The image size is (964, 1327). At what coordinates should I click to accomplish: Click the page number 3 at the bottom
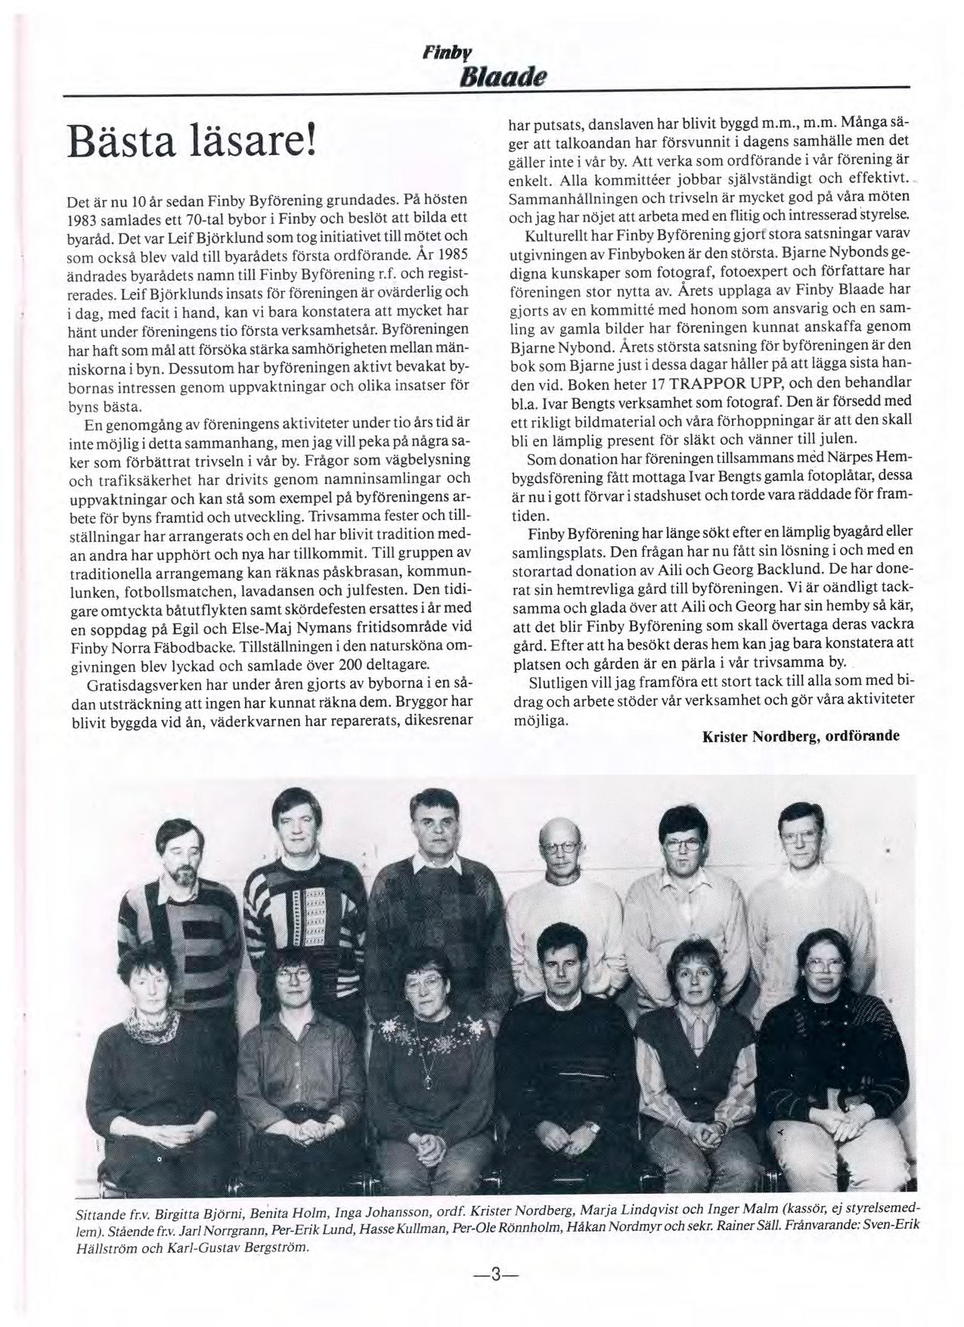click(x=493, y=1274)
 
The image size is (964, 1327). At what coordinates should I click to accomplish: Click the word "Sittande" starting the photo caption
click(x=101, y=1213)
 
